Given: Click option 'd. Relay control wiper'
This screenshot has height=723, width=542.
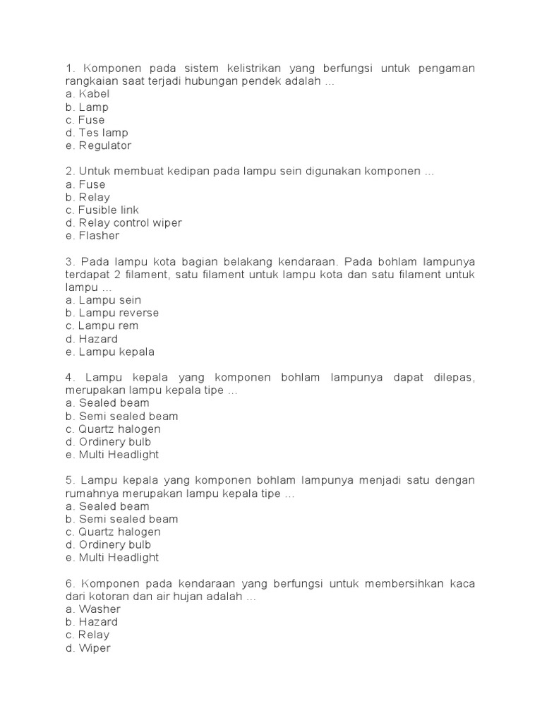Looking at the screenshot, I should tap(124, 223).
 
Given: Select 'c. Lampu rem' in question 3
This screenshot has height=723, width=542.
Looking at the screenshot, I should tap(102, 326).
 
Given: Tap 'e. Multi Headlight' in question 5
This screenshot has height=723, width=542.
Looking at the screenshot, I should tap(112, 558).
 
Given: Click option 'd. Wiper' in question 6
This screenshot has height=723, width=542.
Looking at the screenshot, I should tap(88, 648).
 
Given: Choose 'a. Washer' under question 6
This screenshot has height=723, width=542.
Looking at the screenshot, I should tap(92, 609).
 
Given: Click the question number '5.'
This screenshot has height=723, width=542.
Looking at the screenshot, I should tap(70, 481).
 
